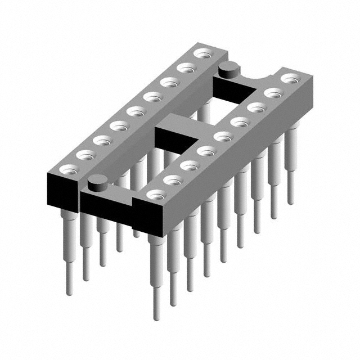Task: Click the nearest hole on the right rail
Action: tap(155, 194)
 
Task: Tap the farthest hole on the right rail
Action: tap(290, 78)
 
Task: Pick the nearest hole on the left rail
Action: tap(69, 168)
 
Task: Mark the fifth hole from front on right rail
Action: tap(223, 136)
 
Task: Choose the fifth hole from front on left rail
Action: tap(134, 111)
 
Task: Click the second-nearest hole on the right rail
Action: tap(172, 179)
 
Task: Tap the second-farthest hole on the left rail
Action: tap(184, 68)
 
